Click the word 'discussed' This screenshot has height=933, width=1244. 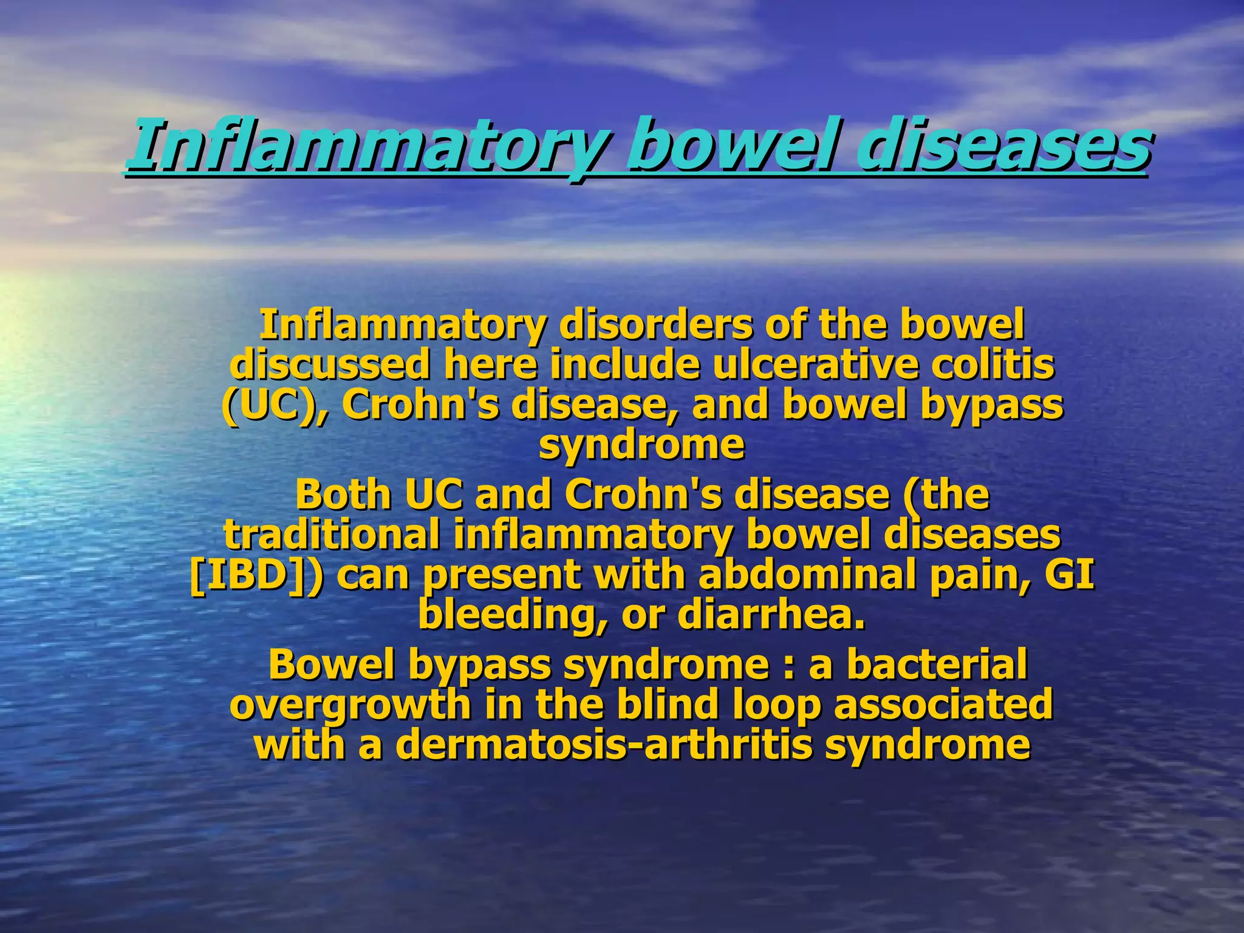(328, 366)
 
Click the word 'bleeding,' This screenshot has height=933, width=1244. (513, 615)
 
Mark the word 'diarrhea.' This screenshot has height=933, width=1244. (771, 615)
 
